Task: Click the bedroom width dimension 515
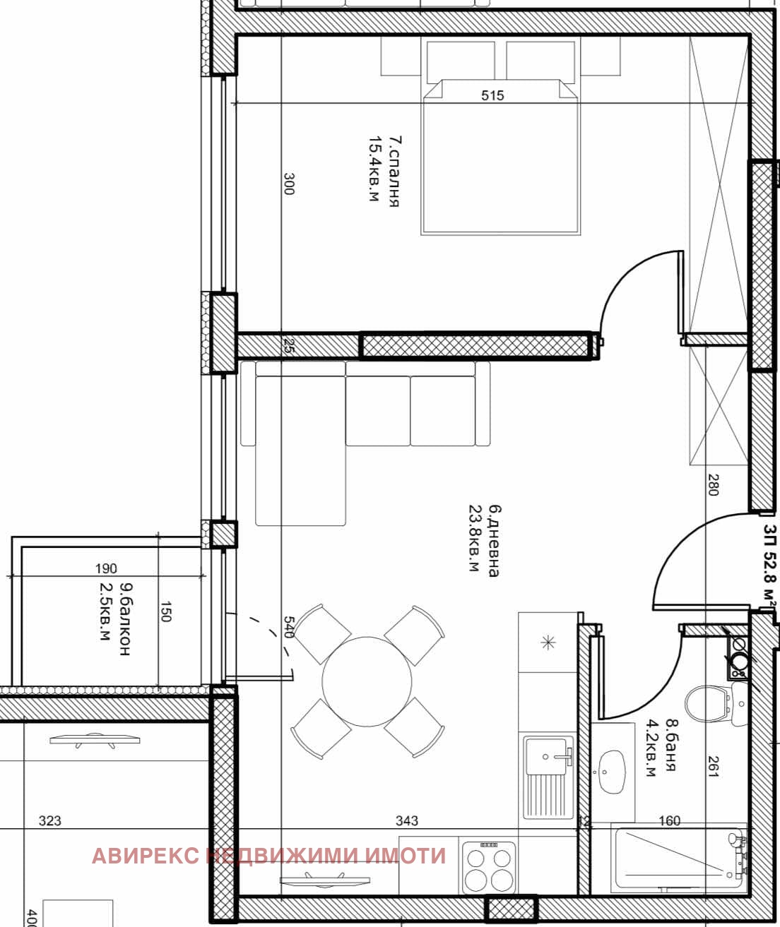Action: click(492, 95)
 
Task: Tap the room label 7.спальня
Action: click(394, 172)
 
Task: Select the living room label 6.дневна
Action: click(495, 540)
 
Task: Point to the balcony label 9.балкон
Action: click(125, 620)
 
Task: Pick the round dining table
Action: click(367, 681)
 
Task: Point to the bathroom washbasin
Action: click(613, 772)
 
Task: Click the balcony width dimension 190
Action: click(106, 568)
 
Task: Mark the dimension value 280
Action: click(712, 484)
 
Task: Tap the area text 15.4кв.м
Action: click(374, 169)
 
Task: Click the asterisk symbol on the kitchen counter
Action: click(549, 642)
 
